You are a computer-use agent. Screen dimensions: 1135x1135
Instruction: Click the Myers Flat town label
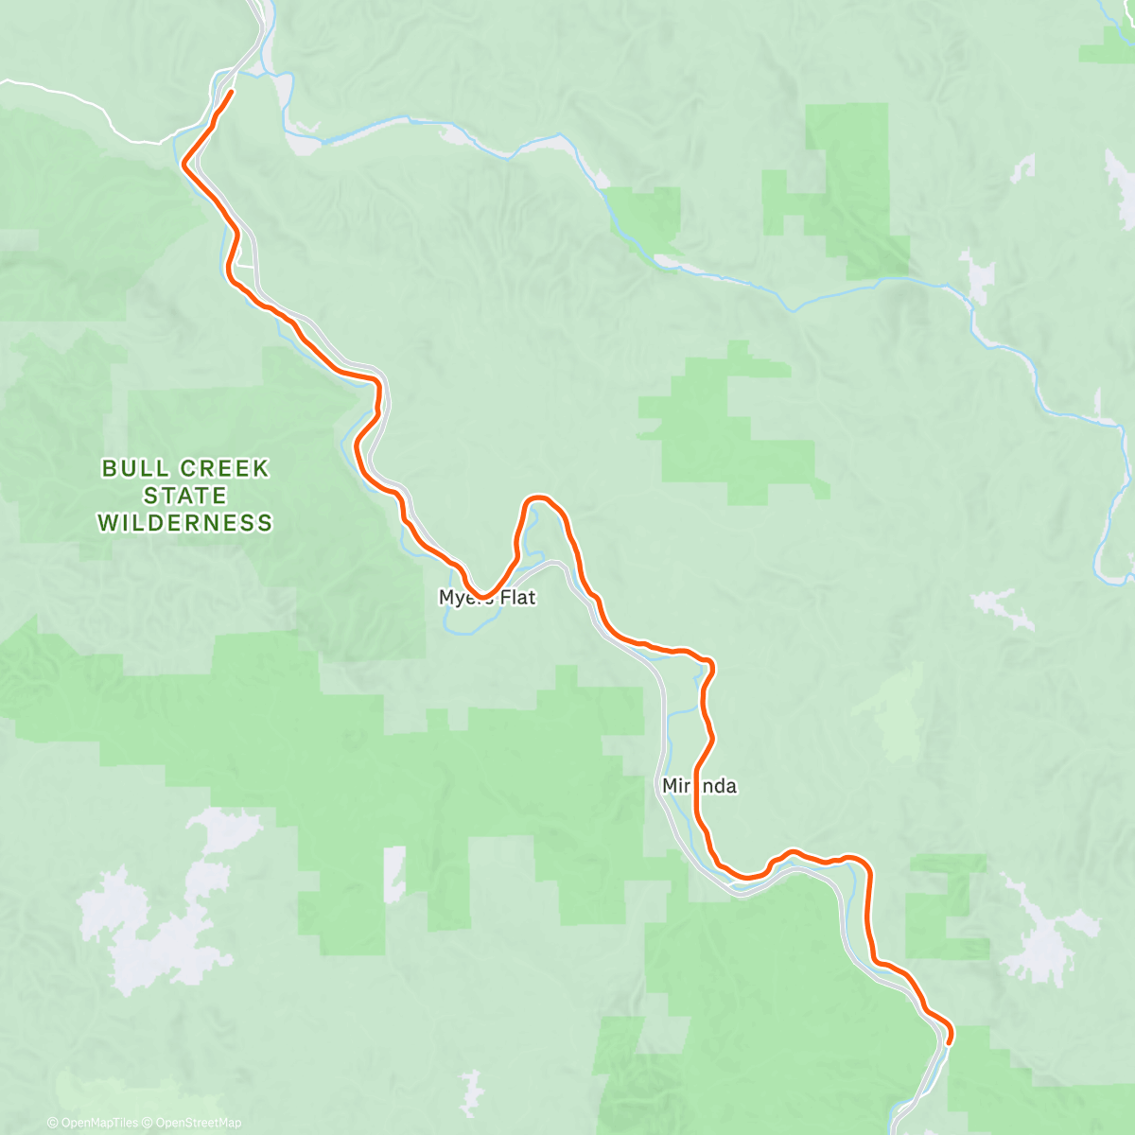tap(487, 598)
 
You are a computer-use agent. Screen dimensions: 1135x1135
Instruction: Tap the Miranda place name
tap(699, 786)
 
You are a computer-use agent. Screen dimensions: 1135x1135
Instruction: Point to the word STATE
tap(185, 496)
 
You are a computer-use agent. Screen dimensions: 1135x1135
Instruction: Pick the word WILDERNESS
tap(185, 522)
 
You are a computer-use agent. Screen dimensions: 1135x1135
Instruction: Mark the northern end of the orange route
tap(232, 92)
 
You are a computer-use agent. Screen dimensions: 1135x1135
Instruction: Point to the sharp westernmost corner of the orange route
tap(183, 166)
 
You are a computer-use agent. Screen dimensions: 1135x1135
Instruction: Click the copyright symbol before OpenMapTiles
tap(53, 1123)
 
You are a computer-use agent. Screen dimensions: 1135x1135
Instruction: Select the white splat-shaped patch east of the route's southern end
tap(1045, 936)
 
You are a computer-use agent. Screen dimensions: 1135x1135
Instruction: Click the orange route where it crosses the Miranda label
tap(697, 786)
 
